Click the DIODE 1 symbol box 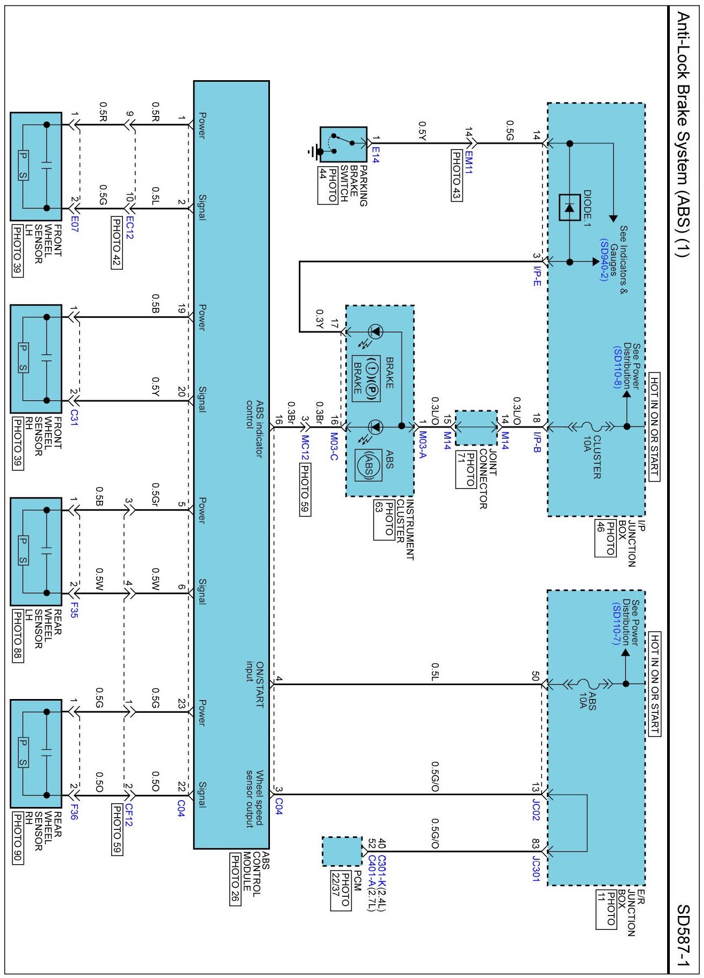(x=569, y=208)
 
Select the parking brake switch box (x=343, y=144)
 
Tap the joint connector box (x=476, y=428)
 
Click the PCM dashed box (x=342, y=851)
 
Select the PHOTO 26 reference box (x=234, y=879)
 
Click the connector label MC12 (x=305, y=447)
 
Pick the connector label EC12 (x=129, y=227)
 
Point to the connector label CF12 (x=128, y=815)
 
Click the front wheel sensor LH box (x=36, y=166)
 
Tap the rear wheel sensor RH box (x=36, y=754)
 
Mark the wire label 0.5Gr (x=156, y=493)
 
